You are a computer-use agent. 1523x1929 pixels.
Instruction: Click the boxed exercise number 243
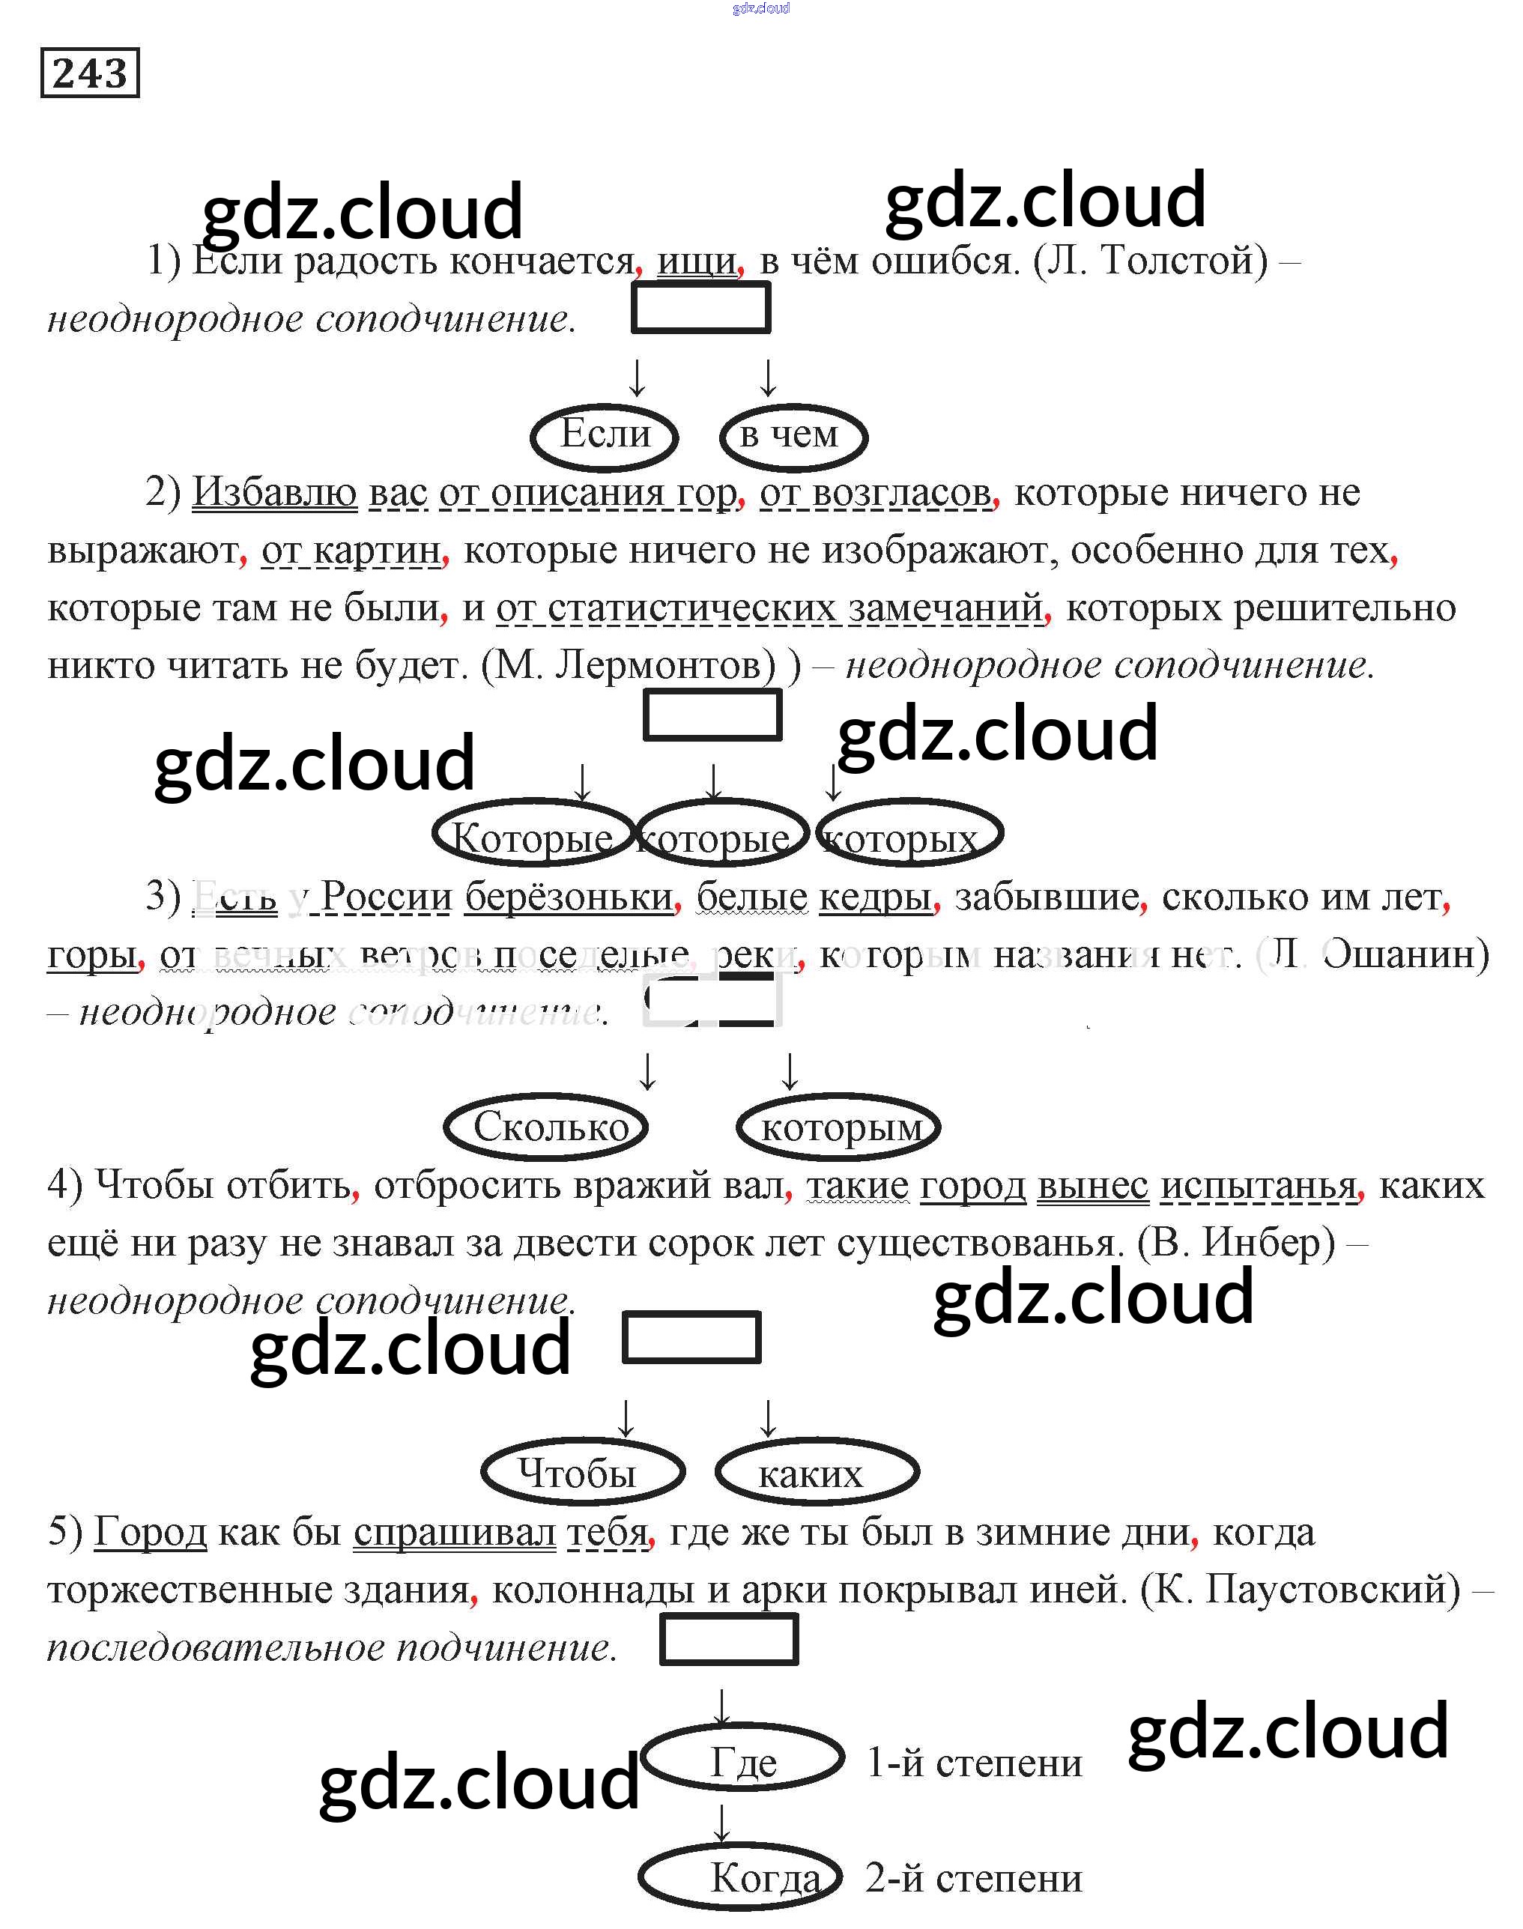[90, 72]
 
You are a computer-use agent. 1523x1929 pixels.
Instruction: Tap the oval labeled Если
[605, 436]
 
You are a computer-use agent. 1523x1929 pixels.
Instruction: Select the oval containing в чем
[793, 436]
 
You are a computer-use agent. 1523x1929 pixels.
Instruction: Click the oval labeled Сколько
[545, 1127]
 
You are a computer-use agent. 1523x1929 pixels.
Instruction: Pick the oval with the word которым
[838, 1127]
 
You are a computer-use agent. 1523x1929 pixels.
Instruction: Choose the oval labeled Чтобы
[582, 1472]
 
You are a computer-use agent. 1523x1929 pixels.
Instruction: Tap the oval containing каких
[816, 1472]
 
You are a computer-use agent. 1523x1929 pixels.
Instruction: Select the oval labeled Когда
[740, 1877]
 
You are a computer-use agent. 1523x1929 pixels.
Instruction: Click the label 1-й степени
[974, 1762]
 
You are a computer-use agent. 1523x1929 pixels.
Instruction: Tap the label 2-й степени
[974, 1878]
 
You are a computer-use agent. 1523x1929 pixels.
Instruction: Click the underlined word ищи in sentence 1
[697, 261]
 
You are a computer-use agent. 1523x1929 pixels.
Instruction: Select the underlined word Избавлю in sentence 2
[275, 491]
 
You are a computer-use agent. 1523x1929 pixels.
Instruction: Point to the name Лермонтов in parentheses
[665, 664]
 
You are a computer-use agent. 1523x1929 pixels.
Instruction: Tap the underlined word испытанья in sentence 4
[1258, 1185]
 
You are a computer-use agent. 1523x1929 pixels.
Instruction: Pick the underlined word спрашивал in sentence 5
[454, 1531]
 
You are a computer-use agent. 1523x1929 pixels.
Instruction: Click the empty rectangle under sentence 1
[701, 308]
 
